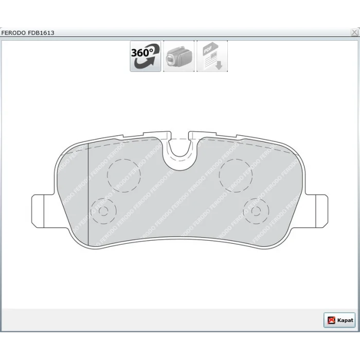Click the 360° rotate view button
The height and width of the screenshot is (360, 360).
click(146, 56)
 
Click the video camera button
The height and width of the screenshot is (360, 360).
click(178, 56)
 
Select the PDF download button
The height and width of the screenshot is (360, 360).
click(212, 56)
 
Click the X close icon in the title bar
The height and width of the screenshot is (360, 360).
click(354, 32)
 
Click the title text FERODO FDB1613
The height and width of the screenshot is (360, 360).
click(28, 33)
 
